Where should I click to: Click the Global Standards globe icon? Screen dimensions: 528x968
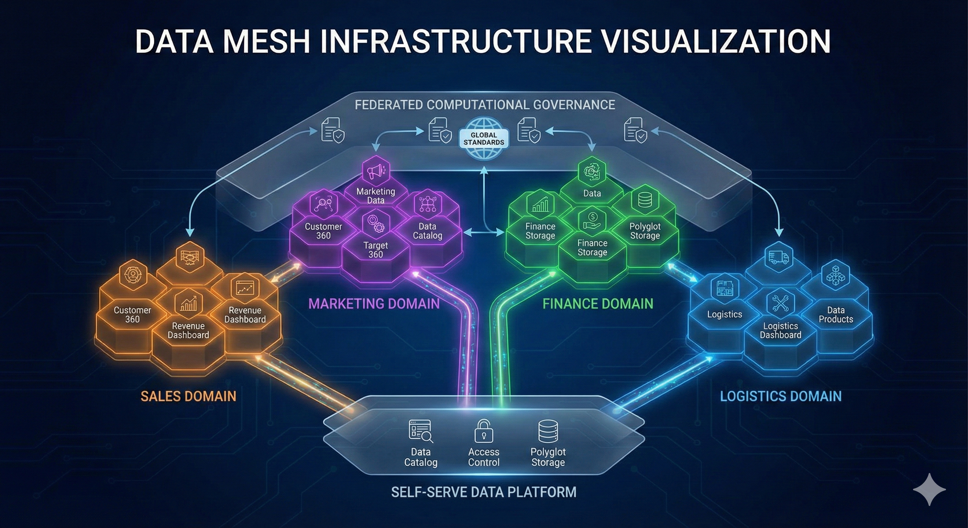(484, 138)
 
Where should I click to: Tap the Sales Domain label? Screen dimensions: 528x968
(188, 396)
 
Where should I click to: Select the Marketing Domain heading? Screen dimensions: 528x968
(374, 304)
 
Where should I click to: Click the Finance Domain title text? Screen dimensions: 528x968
(597, 304)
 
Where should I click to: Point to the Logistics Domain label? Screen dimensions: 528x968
(781, 396)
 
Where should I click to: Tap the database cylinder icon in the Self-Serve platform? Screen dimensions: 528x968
(548, 431)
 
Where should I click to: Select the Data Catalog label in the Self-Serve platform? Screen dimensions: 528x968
(420, 457)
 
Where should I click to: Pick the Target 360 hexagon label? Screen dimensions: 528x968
(375, 250)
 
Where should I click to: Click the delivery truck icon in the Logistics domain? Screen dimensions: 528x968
(779, 257)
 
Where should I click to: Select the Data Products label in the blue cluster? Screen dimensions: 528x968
(836, 315)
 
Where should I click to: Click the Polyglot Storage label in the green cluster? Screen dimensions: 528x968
(645, 231)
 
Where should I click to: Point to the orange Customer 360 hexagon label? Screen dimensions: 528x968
(132, 315)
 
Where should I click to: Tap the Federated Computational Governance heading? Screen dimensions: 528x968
(485, 104)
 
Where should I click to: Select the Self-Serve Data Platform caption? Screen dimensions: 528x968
(484, 492)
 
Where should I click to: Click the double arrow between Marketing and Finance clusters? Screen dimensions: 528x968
(484, 233)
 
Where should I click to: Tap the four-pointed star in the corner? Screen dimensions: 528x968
(929, 489)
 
